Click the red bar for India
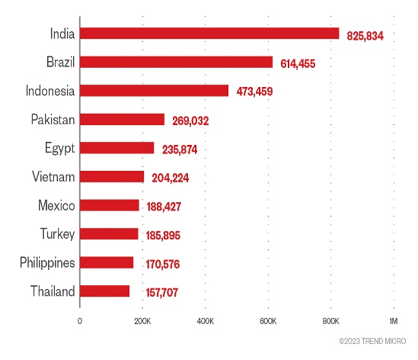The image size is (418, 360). pyautogui.click(x=209, y=34)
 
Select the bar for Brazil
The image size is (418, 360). pyautogui.click(x=176, y=62)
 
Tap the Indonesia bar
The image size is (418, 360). pyautogui.click(x=154, y=91)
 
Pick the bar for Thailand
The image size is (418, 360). pyautogui.click(x=104, y=291)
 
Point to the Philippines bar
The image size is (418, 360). pyautogui.click(x=106, y=263)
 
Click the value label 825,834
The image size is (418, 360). pyautogui.click(x=365, y=36)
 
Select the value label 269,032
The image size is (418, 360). pyautogui.click(x=191, y=121)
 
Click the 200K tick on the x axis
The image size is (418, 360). pyautogui.click(x=142, y=321)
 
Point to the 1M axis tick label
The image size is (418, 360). pyautogui.click(x=393, y=321)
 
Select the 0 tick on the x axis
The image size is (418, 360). pyautogui.click(x=79, y=321)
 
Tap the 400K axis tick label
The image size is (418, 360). pyautogui.click(x=205, y=321)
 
